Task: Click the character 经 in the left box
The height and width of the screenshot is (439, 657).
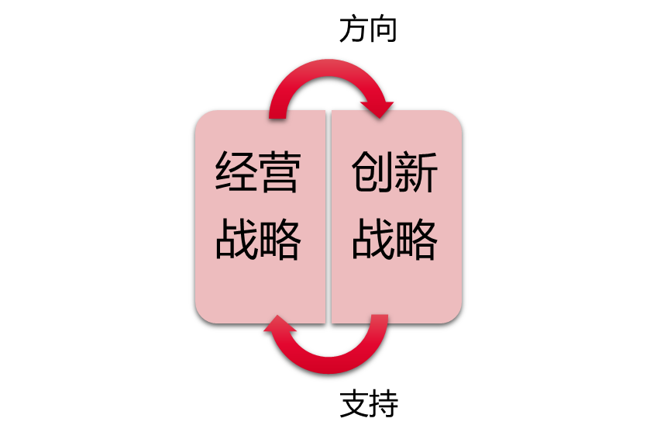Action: click(236, 172)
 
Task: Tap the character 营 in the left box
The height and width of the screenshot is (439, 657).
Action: click(279, 172)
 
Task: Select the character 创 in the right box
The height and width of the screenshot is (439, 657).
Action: click(373, 172)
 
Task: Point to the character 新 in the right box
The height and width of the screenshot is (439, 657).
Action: click(417, 172)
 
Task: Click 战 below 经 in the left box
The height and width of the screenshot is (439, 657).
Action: click(236, 240)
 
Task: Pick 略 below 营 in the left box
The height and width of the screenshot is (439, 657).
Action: click(279, 240)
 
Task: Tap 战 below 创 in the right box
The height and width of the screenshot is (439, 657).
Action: click(373, 240)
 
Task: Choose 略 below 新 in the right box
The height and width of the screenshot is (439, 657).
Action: click(417, 240)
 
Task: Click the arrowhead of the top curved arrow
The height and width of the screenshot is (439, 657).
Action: click(378, 109)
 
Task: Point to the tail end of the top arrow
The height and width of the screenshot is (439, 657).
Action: click(278, 115)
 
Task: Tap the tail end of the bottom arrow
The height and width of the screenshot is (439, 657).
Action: click(379, 319)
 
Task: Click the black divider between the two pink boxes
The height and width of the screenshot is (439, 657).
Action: click(328, 216)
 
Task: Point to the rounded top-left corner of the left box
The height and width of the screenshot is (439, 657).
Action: click(204, 119)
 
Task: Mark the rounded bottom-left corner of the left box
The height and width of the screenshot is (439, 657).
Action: click(204, 314)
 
